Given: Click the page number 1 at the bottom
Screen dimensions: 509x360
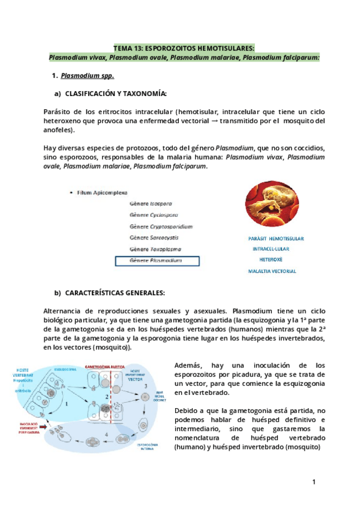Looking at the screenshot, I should tap(313, 482).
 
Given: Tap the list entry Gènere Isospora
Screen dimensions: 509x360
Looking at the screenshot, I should tap(151, 203).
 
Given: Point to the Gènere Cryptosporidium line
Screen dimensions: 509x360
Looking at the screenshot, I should tap(161, 226).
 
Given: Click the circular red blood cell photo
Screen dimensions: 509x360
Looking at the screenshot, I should tap(272, 205).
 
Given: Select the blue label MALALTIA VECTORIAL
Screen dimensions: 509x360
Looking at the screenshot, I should tap(272, 271).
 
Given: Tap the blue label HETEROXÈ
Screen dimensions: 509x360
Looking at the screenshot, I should tap(271, 259).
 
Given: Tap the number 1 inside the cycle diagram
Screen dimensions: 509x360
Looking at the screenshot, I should tap(67, 405).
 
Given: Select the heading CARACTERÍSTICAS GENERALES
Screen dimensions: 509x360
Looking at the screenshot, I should tap(114, 292).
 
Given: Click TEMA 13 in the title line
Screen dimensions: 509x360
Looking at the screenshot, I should tap(131, 47).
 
